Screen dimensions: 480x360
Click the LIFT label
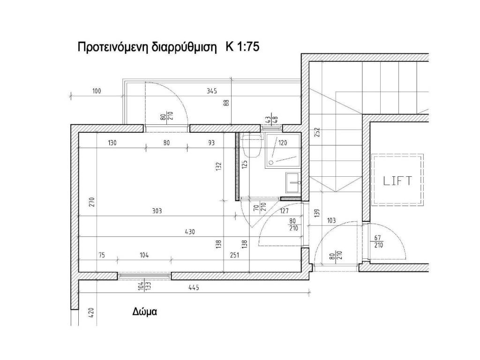pos(397,180)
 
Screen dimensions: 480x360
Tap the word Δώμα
pos(145,312)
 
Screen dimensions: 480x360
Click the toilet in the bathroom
pos(251,144)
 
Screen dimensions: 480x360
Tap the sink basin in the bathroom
pos(293,183)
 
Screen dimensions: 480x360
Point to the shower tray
pos(282,150)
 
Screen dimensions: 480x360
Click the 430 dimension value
pos(190,232)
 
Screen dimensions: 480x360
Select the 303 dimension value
pos(157,211)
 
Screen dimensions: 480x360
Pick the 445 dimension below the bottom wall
pos(194,287)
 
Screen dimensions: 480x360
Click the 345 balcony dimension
pos(211,91)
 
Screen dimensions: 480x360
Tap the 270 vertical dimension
pos(92,202)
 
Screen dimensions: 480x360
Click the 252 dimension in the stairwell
pos(317,132)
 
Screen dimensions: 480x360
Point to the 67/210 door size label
pos(379,241)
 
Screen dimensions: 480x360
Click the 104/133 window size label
pos(144,286)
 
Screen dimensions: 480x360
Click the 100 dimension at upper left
pos(97,91)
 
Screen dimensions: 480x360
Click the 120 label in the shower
pos(283,142)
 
